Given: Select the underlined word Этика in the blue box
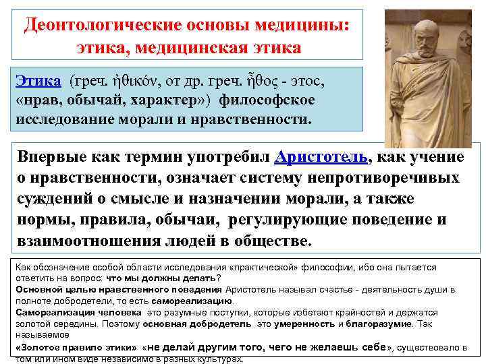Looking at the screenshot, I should pos(38,82).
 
